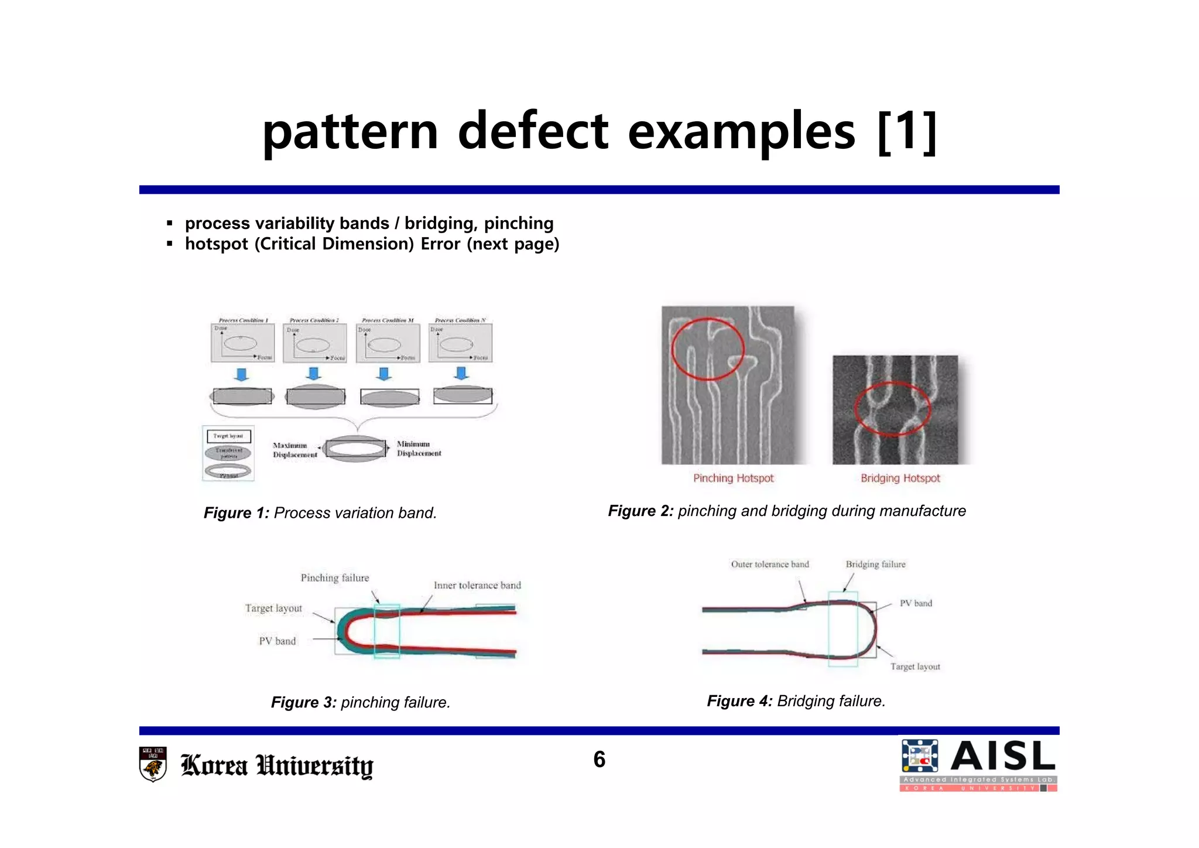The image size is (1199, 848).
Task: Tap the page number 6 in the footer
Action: [599, 759]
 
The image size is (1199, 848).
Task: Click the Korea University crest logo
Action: [153, 764]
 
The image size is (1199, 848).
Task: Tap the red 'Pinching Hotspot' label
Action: [733, 478]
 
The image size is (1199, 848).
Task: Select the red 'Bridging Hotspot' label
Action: [900, 478]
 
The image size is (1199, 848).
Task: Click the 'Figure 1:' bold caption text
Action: [236, 513]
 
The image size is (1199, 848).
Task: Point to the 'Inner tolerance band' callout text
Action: [477, 585]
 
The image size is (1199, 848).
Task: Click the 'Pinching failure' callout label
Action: [335, 577]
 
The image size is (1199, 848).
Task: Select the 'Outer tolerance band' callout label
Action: [769, 564]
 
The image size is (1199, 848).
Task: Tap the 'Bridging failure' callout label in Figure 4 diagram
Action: [875, 564]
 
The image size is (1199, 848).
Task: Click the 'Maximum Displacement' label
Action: [294, 450]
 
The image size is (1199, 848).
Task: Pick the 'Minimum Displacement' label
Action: [419, 449]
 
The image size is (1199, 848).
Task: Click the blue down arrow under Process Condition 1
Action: [241, 374]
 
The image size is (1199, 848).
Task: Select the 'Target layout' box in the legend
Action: [229, 436]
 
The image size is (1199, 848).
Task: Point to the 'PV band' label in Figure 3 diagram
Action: [278, 641]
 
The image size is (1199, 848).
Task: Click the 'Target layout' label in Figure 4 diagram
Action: [915, 666]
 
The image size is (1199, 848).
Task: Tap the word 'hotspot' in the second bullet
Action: [217, 244]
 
